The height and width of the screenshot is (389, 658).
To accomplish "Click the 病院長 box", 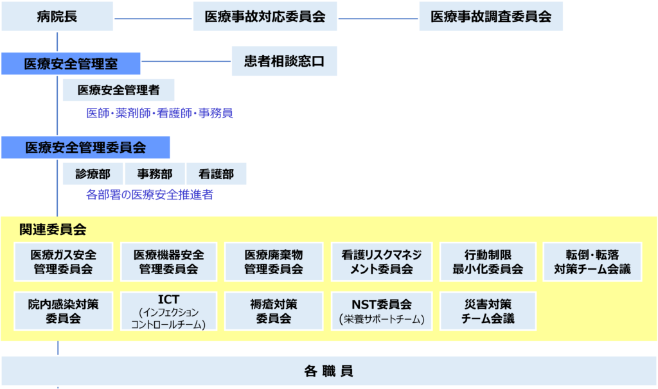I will (57, 17).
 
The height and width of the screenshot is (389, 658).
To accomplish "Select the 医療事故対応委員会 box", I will (265, 17).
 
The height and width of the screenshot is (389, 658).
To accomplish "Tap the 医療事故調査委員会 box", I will (491, 17).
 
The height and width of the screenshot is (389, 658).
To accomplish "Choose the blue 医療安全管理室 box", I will (71, 64).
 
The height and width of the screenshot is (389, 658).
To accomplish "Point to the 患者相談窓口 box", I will (284, 61).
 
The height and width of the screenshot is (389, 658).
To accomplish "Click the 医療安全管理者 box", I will (119, 91).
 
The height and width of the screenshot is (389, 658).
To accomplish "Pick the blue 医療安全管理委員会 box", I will (85, 148).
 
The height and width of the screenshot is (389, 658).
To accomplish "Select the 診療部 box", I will (93, 173).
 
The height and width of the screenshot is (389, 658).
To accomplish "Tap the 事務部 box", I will (154, 173).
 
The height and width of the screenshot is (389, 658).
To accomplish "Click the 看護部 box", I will (216, 173).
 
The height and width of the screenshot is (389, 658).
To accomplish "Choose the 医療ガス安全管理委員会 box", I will (64, 261).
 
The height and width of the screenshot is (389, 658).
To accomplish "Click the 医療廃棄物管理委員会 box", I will (274, 261).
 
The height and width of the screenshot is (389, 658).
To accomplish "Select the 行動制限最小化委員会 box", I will (488, 261).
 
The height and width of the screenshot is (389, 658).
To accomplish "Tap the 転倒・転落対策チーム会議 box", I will (592, 261).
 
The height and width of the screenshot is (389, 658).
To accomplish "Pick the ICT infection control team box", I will (168, 311).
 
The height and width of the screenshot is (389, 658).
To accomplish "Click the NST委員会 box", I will (382, 311).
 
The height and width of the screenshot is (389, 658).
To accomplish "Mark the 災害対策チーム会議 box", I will (488, 311).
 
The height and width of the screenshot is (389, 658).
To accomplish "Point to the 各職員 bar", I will (328, 371).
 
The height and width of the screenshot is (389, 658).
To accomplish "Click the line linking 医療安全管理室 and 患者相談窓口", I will (186, 62).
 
